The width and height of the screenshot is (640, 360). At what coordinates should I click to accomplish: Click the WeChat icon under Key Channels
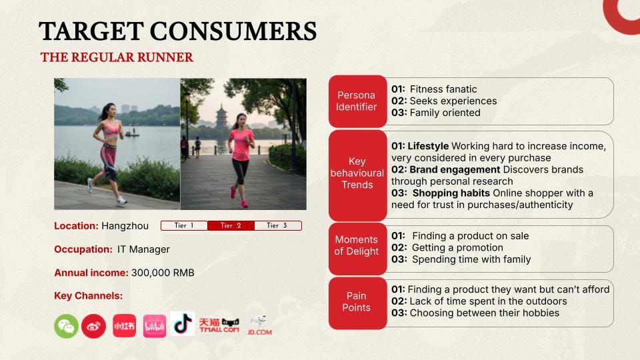click(66, 326)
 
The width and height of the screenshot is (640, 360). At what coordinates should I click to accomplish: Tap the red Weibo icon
click(93, 326)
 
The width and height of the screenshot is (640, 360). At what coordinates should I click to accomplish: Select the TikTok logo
click(183, 323)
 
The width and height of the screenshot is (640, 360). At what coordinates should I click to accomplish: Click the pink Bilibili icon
click(155, 326)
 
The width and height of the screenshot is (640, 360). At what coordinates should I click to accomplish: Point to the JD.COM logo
click(259, 325)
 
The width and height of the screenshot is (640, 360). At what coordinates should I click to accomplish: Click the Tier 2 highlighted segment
click(231, 226)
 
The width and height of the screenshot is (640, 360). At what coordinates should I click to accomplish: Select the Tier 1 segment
click(184, 226)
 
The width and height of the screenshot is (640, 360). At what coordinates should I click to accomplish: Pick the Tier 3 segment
click(277, 226)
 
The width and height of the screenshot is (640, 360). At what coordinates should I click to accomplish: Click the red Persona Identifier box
click(357, 101)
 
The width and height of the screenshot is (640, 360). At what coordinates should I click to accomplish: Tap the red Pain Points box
click(357, 302)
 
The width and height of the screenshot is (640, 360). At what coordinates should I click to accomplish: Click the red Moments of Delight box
click(357, 245)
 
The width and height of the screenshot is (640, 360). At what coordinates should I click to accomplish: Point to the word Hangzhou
click(125, 226)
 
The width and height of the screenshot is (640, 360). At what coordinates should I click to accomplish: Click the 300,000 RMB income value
click(163, 273)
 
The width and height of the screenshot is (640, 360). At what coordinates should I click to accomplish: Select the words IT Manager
click(143, 249)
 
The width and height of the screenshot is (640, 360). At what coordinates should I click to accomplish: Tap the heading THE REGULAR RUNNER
click(117, 57)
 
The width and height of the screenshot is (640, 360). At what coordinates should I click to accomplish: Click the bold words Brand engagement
click(455, 170)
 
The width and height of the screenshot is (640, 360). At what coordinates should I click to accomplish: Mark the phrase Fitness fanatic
click(443, 89)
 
